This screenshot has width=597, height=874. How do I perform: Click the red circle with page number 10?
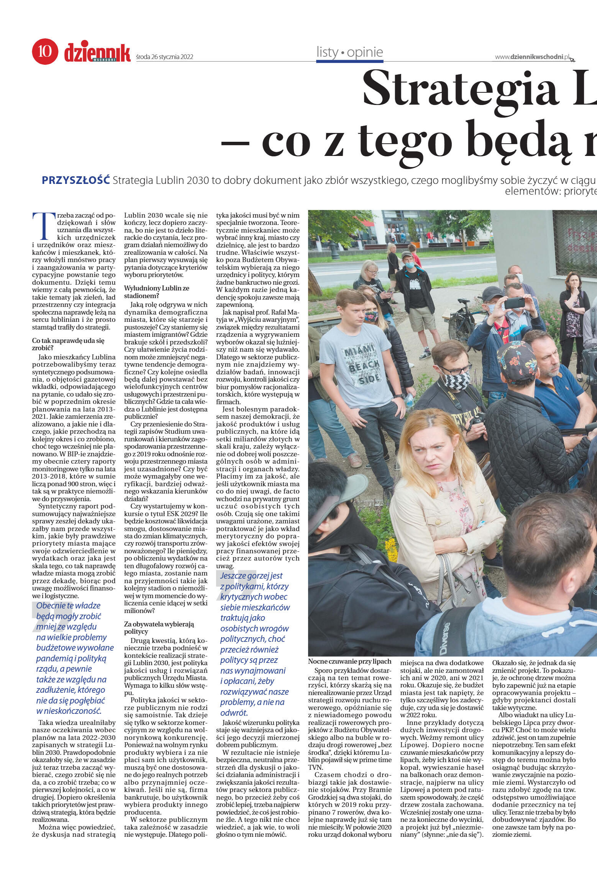(x=45, y=51)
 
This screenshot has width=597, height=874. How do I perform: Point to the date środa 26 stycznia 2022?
(x=165, y=57)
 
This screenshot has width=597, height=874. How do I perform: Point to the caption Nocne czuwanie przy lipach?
(x=349, y=661)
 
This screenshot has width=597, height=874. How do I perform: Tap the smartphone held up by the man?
(x=514, y=303)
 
